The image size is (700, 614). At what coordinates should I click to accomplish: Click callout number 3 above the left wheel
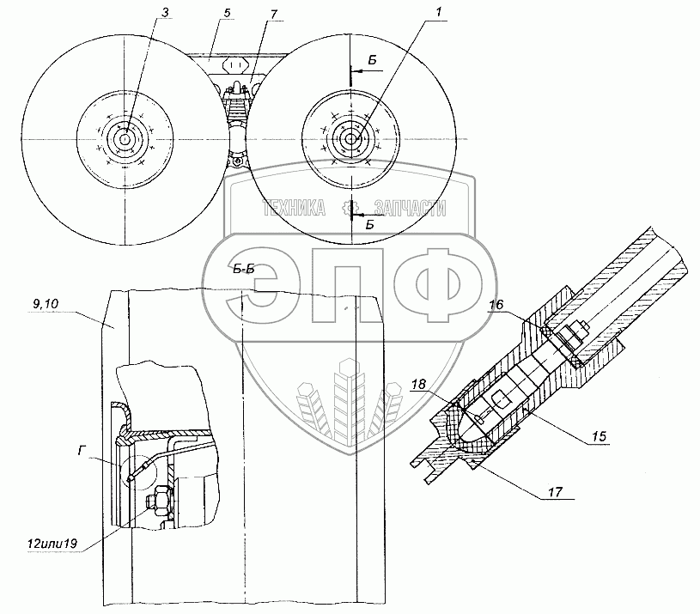click(x=165, y=13)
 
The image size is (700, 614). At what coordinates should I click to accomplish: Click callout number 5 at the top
click(x=228, y=13)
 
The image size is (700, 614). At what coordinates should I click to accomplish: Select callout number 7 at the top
click(x=273, y=15)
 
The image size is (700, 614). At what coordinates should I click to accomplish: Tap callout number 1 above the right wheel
click(x=438, y=12)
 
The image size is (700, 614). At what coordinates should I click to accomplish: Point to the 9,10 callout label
click(x=46, y=304)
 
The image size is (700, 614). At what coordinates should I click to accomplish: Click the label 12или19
click(x=52, y=544)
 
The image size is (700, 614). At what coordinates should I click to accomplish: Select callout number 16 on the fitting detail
click(x=496, y=305)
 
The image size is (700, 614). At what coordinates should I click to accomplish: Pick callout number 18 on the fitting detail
click(x=419, y=384)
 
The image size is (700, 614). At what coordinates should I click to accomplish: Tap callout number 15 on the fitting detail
click(x=600, y=435)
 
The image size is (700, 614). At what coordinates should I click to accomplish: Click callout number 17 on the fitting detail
click(x=555, y=492)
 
